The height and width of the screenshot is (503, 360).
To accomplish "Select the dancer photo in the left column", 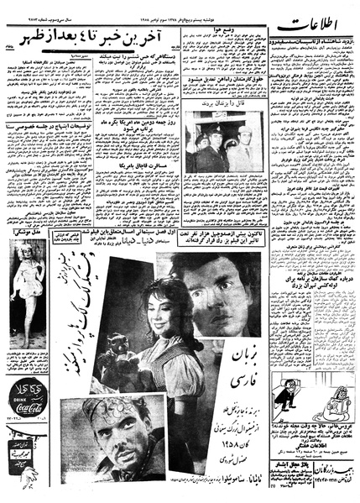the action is (x=25, y=302).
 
